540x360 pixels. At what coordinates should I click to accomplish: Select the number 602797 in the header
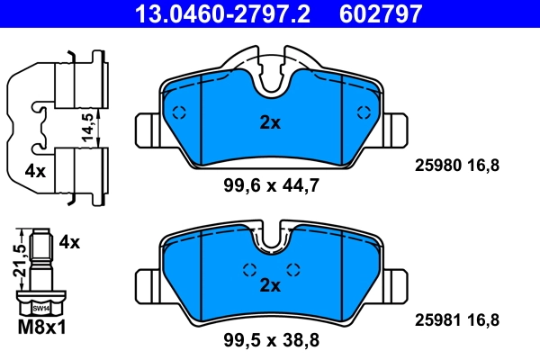(x=379, y=13)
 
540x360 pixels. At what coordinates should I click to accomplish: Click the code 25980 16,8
(x=455, y=165)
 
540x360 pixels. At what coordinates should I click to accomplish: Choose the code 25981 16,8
(x=455, y=319)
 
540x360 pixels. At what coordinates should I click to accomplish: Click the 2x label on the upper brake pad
(x=270, y=123)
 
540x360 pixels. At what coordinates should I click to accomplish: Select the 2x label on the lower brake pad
(x=270, y=285)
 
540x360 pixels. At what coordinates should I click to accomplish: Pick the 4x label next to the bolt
(x=69, y=242)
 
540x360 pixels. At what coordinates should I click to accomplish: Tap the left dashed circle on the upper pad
(x=178, y=112)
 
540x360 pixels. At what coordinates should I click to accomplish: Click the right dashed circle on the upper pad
(x=364, y=112)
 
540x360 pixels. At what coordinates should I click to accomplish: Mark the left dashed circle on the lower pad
(x=249, y=269)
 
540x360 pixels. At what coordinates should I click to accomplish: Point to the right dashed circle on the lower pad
(x=292, y=269)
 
